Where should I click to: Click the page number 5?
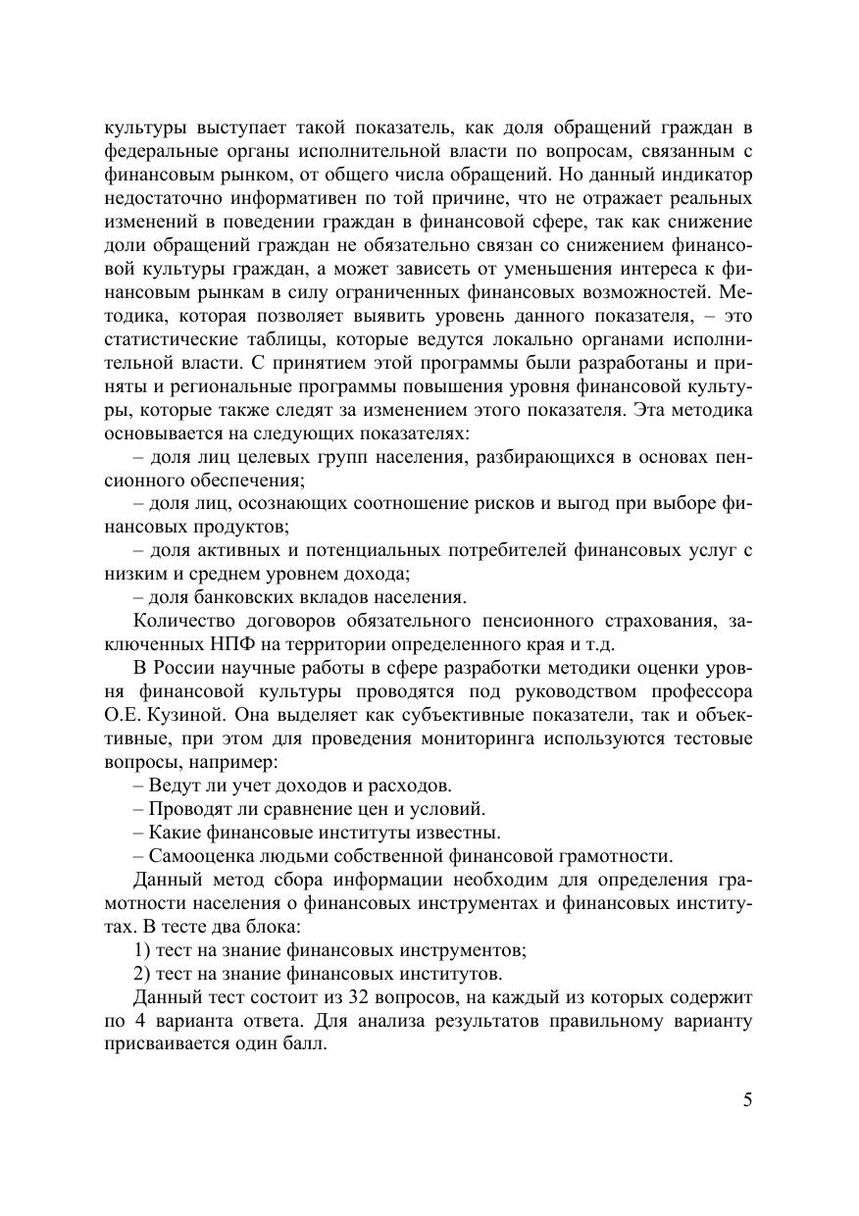click(747, 1099)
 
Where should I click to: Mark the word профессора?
click(699, 691)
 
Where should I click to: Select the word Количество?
click(180, 622)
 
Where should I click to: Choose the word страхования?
click(663, 622)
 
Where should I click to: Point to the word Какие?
click(173, 833)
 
